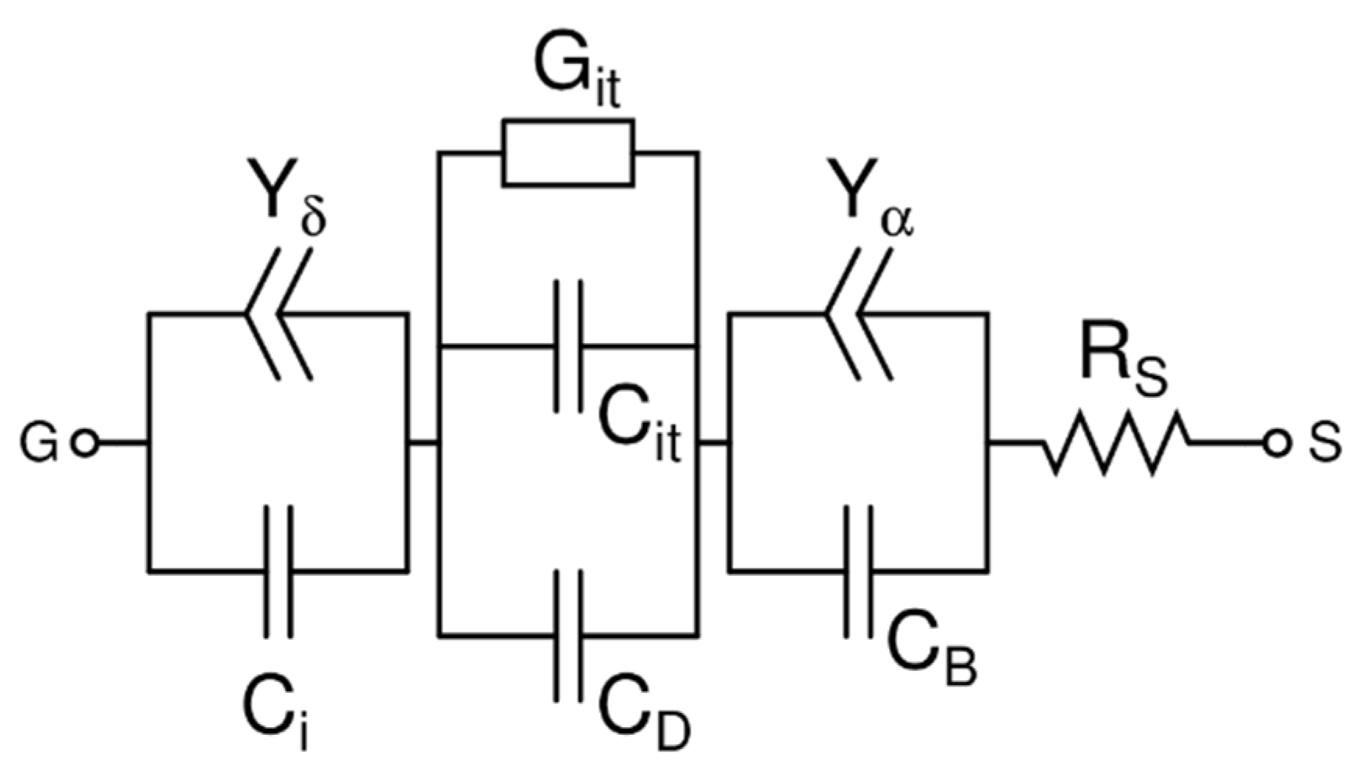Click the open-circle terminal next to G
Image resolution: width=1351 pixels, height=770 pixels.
point(84,444)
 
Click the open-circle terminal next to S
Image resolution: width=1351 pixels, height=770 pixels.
point(1276,444)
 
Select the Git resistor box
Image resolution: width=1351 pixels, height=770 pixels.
point(568,153)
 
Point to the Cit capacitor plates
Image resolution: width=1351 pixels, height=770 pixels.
point(568,346)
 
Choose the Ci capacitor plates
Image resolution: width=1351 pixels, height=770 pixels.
point(279,571)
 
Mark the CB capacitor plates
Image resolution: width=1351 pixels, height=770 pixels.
point(859,571)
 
